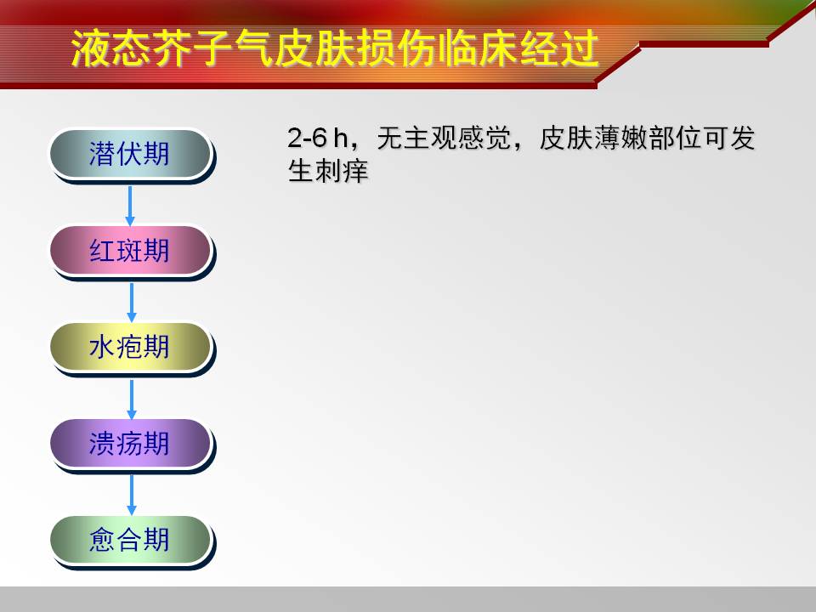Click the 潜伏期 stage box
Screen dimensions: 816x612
[130, 154]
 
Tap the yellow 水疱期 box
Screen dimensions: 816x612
[130, 347]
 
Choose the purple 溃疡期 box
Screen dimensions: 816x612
[130, 444]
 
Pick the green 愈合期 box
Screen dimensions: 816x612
[130, 540]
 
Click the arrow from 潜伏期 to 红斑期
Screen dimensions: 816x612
[130, 206]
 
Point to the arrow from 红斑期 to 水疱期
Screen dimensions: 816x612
[131, 303]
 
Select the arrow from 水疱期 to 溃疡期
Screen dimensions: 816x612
[131, 399]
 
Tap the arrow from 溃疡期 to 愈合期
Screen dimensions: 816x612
[131, 495]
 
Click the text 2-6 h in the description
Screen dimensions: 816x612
[317, 139]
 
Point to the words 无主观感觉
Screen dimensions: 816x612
[444, 139]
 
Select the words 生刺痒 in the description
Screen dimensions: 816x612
[328, 171]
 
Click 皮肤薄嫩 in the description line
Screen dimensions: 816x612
[592, 139]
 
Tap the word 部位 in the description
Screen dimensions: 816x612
[673, 139]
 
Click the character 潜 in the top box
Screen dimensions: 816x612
[103, 154]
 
